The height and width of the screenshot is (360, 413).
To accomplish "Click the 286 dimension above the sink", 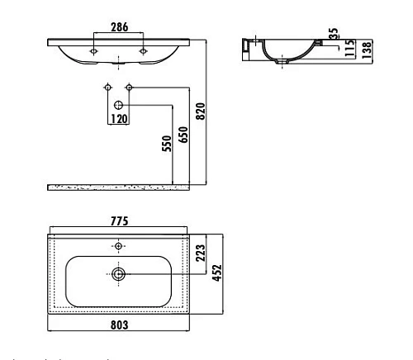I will pos(121,26).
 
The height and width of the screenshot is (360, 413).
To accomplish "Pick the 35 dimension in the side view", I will pos(332,35).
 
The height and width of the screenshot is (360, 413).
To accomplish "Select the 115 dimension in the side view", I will pos(349,48).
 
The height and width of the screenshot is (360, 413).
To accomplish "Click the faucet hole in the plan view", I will pos(119,246).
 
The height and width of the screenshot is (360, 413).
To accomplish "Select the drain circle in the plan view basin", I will pos(119,273).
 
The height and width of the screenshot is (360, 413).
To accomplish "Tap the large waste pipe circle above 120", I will pos(119,105).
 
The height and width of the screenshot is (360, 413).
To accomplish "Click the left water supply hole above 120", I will pos(108,87).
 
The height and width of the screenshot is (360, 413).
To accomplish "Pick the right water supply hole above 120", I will pos(129,87).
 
